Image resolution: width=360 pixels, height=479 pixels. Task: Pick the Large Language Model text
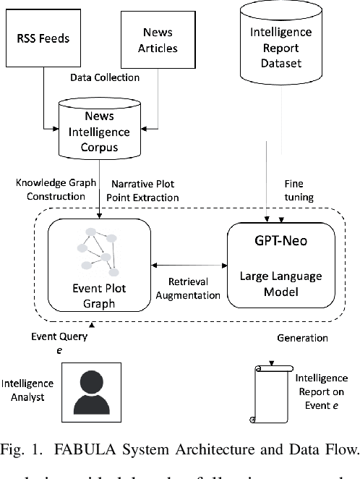point(281,283)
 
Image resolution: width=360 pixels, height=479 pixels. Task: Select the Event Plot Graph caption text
point(99,294)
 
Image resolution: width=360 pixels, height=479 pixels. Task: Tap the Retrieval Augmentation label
point(189,289)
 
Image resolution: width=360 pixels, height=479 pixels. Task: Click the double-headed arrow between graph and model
point(189,266)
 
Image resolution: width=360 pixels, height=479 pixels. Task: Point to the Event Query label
point(60,336)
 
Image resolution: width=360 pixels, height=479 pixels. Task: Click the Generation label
point(302,338)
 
